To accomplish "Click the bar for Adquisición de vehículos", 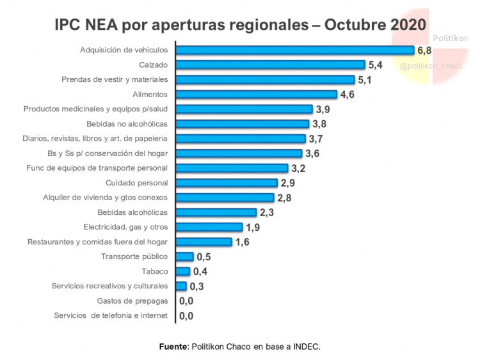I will point(294,50).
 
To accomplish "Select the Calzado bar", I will point(270,65).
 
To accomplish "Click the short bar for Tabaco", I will point(183,271).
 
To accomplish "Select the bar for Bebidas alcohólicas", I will point(216,212).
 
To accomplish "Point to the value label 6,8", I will point(425,50).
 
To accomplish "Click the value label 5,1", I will point(365,80).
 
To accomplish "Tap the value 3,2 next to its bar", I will point(299,169).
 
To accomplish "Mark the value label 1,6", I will point(242,242).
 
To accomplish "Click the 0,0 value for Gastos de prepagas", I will point(186,301).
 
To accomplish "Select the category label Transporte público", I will point(134,256).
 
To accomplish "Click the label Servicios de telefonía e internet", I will point(111,315).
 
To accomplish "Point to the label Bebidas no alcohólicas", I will point(127,123).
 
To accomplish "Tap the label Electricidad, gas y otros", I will point(125,227).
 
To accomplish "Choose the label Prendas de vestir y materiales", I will point(115,79).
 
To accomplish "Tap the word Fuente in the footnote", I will point(173,347).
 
